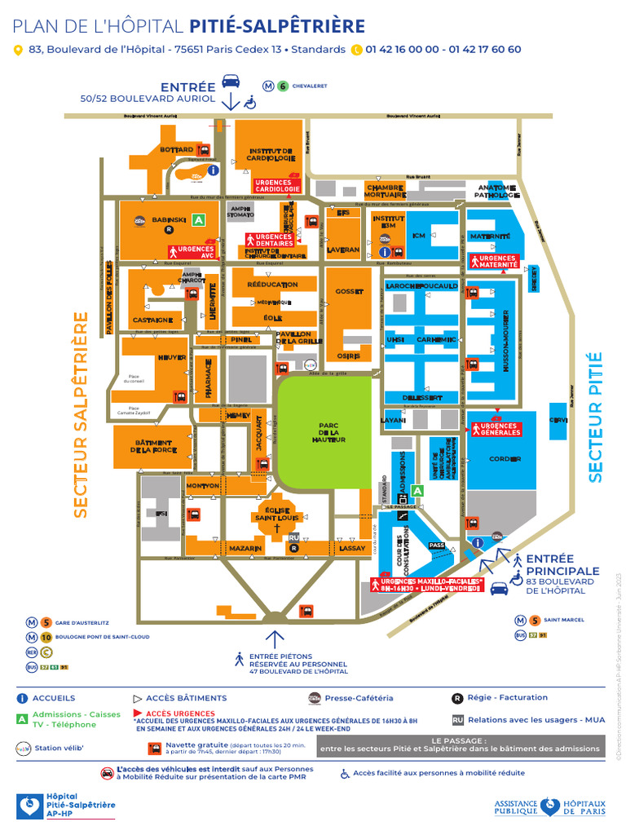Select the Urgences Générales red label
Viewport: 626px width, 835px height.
pyautogui.click(x=500, y=429)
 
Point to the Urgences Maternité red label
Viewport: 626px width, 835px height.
pyautogui.click(x=494, y=261)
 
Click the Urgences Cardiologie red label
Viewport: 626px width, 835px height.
pyautogui.click(x=277, y=186)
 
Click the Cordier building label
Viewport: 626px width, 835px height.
pyautogui.click(x=505, y=459)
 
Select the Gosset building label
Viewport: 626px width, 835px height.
pyautogui.click(x=348, y=292)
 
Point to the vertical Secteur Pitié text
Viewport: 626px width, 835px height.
pyautogui.click(x=595, y=416)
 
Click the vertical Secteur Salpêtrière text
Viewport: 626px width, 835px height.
pyautogui.click(x=80, y=414)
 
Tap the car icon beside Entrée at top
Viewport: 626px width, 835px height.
pyautogui.click(x=231, y=82)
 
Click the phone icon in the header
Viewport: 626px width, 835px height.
pyautogui.click(x=355, y=50)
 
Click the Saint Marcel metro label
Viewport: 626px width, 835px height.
pyautogui.click(x=563, y=620)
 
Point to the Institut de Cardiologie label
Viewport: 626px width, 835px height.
pyautogui.click(x=271, y=155)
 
